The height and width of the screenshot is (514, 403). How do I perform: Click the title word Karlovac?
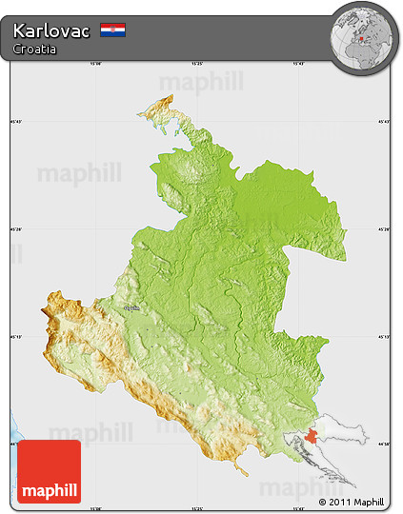(x=52, y=30)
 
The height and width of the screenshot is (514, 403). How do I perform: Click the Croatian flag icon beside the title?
(x=112, y=30)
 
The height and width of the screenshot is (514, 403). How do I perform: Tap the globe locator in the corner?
(x=363, y=36)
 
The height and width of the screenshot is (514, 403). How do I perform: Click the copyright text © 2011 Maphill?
(x=352, y=502)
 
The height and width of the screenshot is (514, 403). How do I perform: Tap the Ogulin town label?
(x=131, y=308)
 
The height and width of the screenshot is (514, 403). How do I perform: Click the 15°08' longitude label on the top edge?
(x=94, y=65)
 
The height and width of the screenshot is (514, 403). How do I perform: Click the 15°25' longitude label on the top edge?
(x=196, y=65)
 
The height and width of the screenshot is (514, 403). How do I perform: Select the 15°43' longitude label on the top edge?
(x=297, y=65)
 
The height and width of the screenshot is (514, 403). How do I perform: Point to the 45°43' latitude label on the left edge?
(x=15, y=121)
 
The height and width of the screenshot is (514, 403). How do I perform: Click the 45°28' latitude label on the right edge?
(x=385, y=228)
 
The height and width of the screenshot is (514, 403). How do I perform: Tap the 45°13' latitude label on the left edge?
(x=15, y=336)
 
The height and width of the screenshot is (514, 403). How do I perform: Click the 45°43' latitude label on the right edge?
(x=385, y=121)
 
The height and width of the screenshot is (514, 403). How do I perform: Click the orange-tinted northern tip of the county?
(x=166, y=108)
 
